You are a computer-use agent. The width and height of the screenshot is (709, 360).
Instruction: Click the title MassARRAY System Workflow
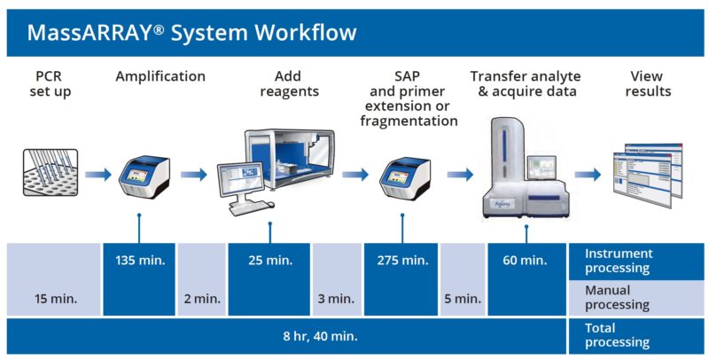click(x=191, y=33)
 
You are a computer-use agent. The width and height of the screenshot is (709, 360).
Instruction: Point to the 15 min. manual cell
click(x=54, y=299)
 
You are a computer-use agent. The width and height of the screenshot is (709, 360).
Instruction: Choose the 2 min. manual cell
click(x=202, y=299)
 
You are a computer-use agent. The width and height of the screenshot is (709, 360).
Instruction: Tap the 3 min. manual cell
click(x=337, y=299)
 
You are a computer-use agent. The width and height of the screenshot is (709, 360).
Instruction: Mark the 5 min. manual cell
click(x=462, y=299)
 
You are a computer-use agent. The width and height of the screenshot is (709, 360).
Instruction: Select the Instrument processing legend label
click(x=618, y=261)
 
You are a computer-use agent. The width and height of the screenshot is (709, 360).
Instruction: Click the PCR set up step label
click(x=48, y=83)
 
